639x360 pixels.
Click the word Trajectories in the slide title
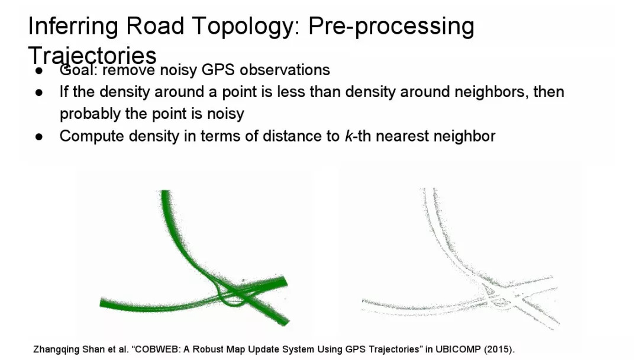92,56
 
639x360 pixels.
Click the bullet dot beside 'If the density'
39,92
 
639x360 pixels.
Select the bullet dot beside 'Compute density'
39,137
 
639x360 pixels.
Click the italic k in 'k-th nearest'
348,136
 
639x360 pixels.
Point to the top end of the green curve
166,191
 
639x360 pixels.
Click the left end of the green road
101,303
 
